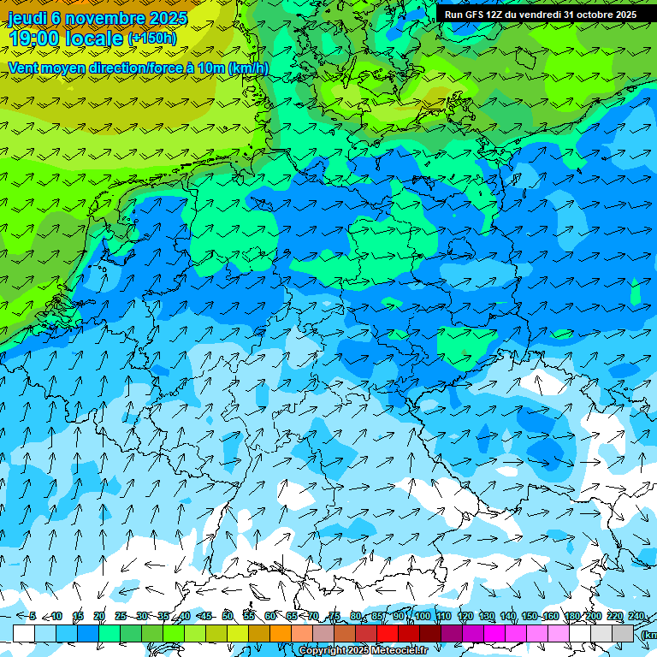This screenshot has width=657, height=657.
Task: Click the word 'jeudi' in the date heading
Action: (26, 18)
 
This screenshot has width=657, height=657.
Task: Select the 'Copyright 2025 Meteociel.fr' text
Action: (363, 651)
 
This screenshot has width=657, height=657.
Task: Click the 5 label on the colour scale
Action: (33, 616)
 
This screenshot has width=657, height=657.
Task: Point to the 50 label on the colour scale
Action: (227, 616)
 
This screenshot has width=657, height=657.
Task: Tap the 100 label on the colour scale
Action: (422, 616)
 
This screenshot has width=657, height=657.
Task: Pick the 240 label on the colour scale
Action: (636, 616)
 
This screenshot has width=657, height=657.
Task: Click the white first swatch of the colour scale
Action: (24, 633)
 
